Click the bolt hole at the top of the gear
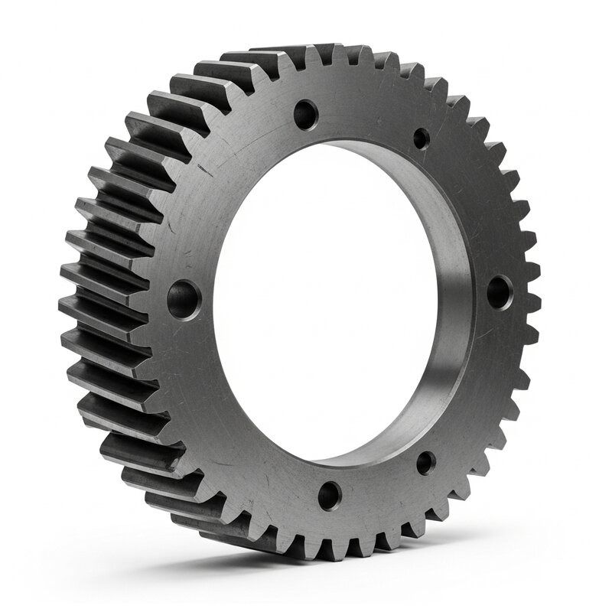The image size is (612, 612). pyautogui.click(x=306, y=116)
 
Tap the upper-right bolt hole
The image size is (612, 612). pyautogui.click(x=422, y=139)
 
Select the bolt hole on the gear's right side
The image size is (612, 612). pyautogui.click(x=500, y=292)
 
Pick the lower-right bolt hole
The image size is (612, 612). pyautogui.click(x=426, y=462)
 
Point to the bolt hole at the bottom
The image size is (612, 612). pyautogui.click(x=330, y=495)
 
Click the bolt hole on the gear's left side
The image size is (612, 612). pyautogui.click(x=184, y=299)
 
